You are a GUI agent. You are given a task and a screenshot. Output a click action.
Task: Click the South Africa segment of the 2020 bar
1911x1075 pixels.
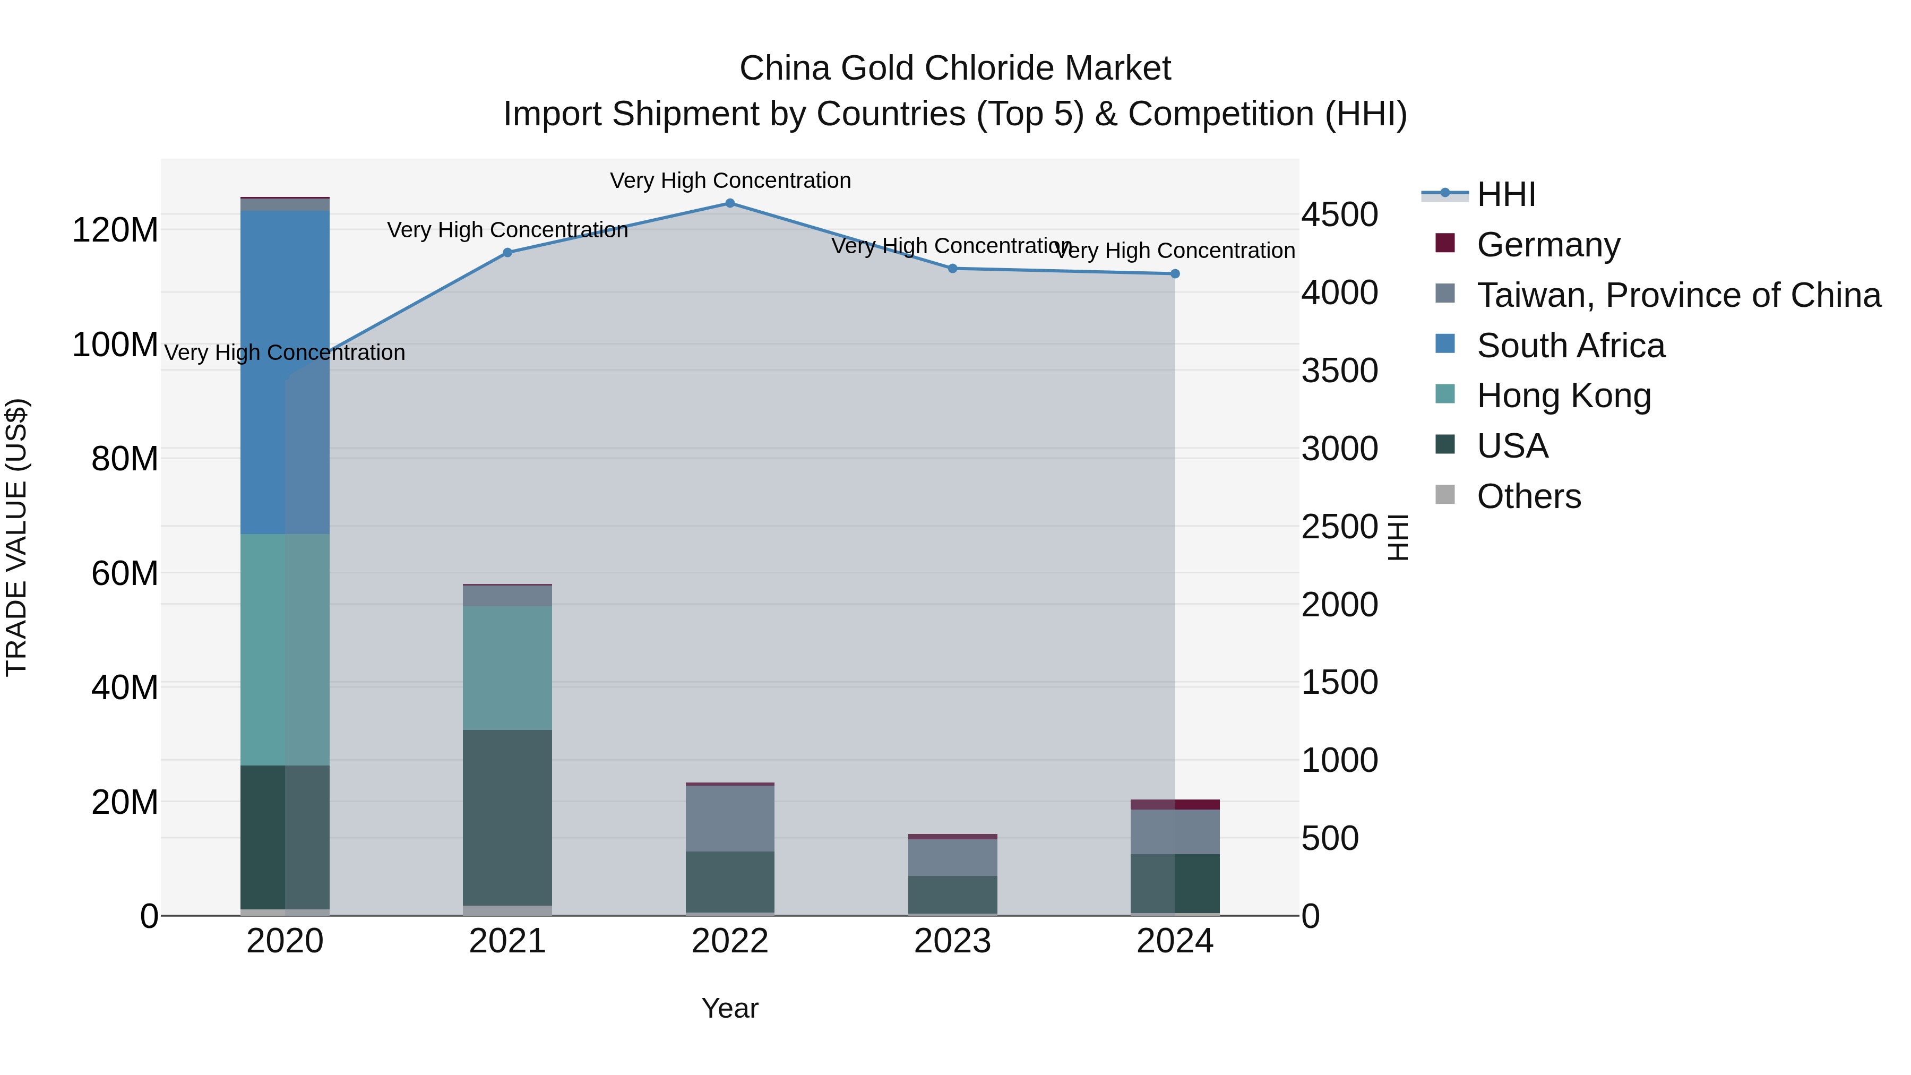pyautogui.click(x=285, y=371)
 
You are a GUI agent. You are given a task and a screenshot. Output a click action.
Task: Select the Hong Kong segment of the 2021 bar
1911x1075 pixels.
pyautogui.click(x=507, y=668)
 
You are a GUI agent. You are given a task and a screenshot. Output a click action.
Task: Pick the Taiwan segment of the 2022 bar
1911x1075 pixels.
pyautogui.click(x=730, y=818)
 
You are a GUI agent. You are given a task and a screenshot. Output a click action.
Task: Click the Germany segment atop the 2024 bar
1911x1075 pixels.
pyautogui.click(x=1175, y=804)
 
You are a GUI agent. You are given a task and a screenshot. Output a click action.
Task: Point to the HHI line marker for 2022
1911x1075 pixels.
pyautogui.click(x=730, y=203)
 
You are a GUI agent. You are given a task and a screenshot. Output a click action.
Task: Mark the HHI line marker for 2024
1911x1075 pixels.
pyautogui.click(x=1175, y=274)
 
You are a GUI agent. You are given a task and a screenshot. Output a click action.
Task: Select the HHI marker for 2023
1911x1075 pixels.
pyautogui.click(x=952, y=269)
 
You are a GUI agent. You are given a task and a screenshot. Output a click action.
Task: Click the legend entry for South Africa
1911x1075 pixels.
pyautogui.click(x=1571, y=346)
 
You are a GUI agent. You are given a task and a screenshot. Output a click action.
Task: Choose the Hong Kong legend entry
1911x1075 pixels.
pyautogui.click(x=1564, y=396)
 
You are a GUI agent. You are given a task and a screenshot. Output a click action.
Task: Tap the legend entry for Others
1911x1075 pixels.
pyautogui.click(x=1528, y=496)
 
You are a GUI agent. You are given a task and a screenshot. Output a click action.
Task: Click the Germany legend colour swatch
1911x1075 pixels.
pyautogui.click(x=1445, y=243)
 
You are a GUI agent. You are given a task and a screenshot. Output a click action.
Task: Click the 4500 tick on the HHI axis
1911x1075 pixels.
pyautogui.click(x=1340, y=215)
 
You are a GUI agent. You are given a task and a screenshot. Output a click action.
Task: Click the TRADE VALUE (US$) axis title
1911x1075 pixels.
pyautogui.click(x=16, y=537)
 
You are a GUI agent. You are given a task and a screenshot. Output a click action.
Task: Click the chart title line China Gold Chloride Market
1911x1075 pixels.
pyautogui.click(x=955, y=68)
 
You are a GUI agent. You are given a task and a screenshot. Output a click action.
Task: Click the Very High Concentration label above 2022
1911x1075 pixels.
pyautogui.click(x=730, y=180)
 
